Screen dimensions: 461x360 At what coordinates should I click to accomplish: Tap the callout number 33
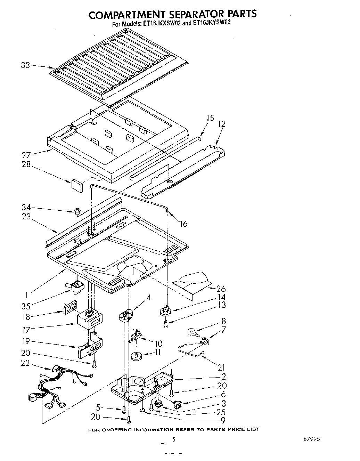point(25,65)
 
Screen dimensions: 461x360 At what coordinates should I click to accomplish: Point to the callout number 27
point(26,155)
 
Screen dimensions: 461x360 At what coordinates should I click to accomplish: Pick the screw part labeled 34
point(77,211)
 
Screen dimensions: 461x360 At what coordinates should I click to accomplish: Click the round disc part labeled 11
point(136,356)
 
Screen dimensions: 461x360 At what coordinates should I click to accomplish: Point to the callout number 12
point(221,124)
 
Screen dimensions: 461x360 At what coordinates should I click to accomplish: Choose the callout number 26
point(220,289)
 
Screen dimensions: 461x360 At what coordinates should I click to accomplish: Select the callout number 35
point(26,306)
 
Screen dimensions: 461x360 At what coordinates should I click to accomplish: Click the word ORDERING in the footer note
point(120,429)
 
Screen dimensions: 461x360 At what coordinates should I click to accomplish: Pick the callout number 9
point(222,420)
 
